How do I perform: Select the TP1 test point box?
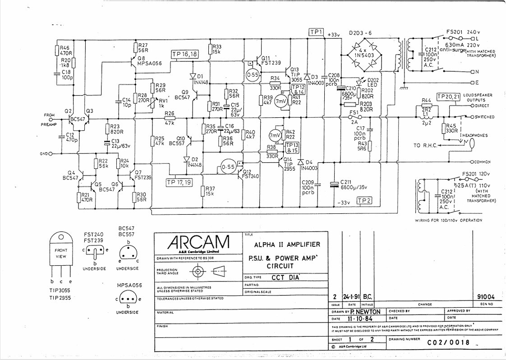coord(317,32)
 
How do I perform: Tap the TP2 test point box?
coord(364,201)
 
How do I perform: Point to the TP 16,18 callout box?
coord(185,54)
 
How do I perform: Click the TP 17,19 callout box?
coord(179,182)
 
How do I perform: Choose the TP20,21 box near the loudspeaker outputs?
coord(449,97)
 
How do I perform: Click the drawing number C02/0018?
coord(448,342)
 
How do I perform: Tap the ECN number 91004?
coord(485,297)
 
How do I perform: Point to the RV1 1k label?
coord(161,102)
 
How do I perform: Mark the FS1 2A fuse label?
coord(354,116)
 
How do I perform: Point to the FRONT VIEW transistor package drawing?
coord(61,253)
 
